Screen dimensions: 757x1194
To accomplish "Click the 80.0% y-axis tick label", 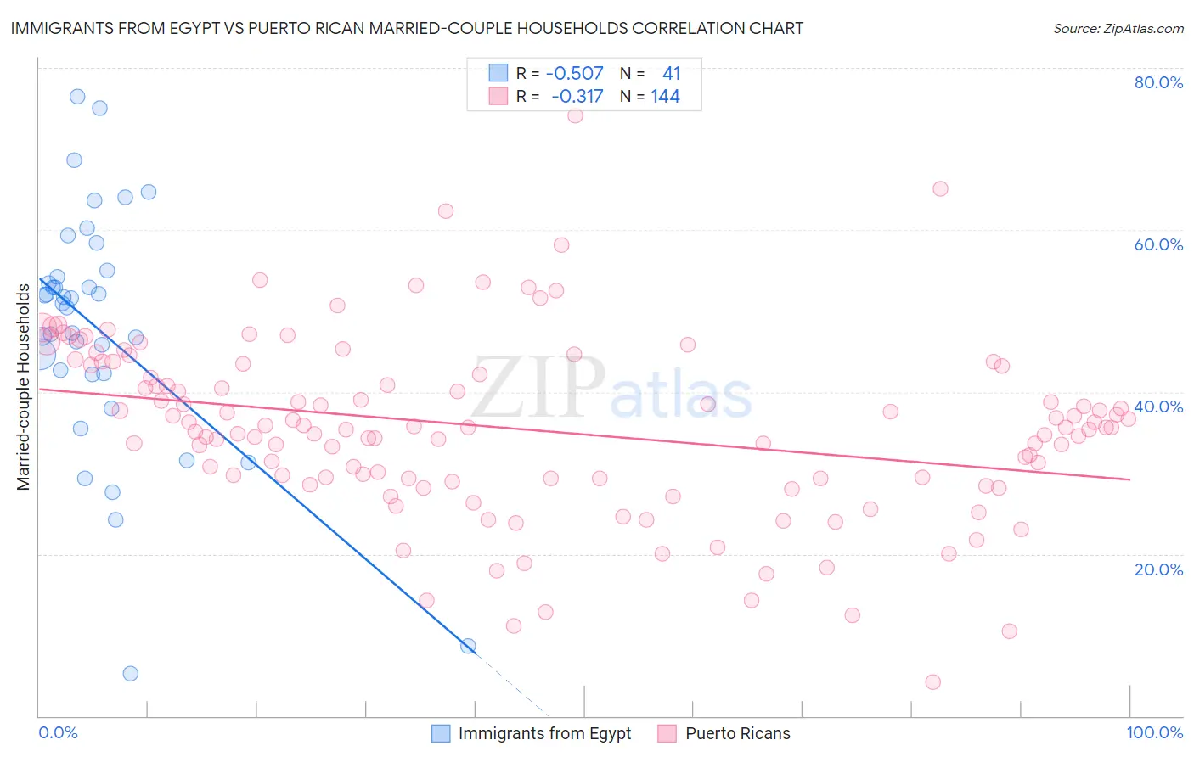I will (1158, 82).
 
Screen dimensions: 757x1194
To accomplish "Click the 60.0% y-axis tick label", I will (1158, 244).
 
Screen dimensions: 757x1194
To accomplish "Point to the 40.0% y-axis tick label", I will (1158, 407).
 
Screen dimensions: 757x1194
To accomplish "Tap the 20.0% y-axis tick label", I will (1158, 569).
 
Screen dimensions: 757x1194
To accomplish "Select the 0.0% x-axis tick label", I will (58, 732).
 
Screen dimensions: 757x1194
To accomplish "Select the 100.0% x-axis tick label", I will (1154, 732).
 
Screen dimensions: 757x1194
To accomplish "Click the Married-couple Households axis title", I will (24, 387).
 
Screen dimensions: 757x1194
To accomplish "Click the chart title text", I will (407, 28).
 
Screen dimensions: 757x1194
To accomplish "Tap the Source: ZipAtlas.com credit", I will (1118, 29).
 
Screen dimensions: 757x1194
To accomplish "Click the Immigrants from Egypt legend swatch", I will (441, 733).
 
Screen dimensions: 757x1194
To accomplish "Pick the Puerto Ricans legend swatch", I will (667, 733).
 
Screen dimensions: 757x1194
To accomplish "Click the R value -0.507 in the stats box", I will (575, 74).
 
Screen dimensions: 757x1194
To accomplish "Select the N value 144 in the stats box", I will (665, 97).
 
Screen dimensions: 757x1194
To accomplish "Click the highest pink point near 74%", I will (575, 115).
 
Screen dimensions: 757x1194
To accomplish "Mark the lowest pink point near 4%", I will (932, 681).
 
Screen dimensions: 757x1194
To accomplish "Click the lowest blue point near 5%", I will (130, 673).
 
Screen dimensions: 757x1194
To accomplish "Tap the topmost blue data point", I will (77, 97).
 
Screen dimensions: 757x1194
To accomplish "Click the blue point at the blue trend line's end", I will (468, 646).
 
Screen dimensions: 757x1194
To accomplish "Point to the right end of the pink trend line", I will (1129, 479).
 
